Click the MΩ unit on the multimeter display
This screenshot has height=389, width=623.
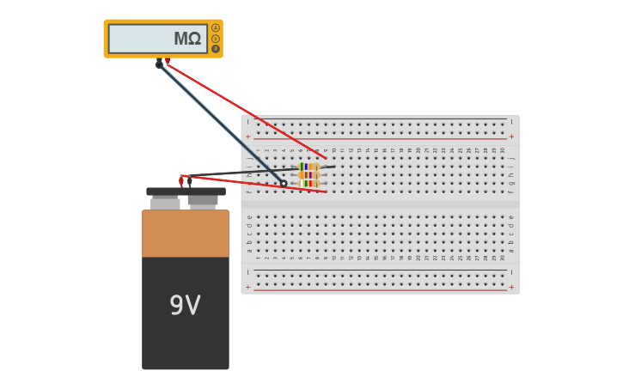pyautogui.click(x=187, y=40)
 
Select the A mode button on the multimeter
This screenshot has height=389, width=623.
pyautogui.click(x=216, y=28)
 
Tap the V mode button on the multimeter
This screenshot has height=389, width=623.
pyautogui.click(x=216, y=39)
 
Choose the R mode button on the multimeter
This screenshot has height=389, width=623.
pyautogui.click(x=216, y=49)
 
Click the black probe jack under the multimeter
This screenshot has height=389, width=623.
pyautogui.click(x=159, y=64)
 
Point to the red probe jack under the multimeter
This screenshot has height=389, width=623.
pyautogui.click(x=168, y=61)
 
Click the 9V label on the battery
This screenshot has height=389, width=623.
pyautogui.click(x=185, y=306)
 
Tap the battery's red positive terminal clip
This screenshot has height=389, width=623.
pyautogui.click(x=181, y=180)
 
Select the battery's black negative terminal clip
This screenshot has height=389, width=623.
pyautogui.click(x=189, y=180)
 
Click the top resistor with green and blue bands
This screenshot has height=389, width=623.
pyautogui.click(x=308, y=167)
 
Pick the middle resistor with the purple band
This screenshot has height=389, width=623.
pyautogui.click(x=308, y=175)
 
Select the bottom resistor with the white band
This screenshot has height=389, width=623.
pyautogui.click(x=308, y=183)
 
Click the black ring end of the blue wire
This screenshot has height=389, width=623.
pyautogui.click(x=284, y=183)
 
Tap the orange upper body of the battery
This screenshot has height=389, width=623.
pyautogui.click(x=186, y=234)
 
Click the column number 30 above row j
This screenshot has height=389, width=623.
pyautogui.click(x=503, y=150)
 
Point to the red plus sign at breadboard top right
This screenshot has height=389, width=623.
pyautogui.click(x=511, y=137)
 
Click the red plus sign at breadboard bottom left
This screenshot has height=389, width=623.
pyautogui.click(x=248, y=288)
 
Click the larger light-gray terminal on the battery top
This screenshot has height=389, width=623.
pyautogui.click(x=165, y=204)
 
